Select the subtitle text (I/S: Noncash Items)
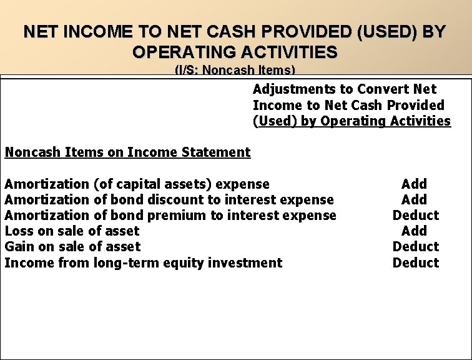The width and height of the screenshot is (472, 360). click(235, 71)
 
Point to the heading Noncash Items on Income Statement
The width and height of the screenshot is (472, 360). click(127, 152)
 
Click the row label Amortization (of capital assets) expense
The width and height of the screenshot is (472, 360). click(137, 184)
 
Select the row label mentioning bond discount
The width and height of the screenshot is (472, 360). click(169, 199)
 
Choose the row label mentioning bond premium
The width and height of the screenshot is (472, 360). click(170, 215)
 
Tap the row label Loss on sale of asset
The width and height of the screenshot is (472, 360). click(72, 231)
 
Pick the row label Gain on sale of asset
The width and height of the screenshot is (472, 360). click(72, 246)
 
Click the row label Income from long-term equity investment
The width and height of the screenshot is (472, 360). click(143, 262)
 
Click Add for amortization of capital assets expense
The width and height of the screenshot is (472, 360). click(414, 184)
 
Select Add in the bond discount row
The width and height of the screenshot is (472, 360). click(414, 199)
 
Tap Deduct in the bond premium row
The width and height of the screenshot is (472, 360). click(415, 215)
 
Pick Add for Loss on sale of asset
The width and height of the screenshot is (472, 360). click(414, 231)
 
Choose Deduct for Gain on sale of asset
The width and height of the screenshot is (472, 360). click(415, 246)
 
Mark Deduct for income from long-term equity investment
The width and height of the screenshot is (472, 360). click(415, 262)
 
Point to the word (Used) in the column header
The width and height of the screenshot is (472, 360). click(275, 121)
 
